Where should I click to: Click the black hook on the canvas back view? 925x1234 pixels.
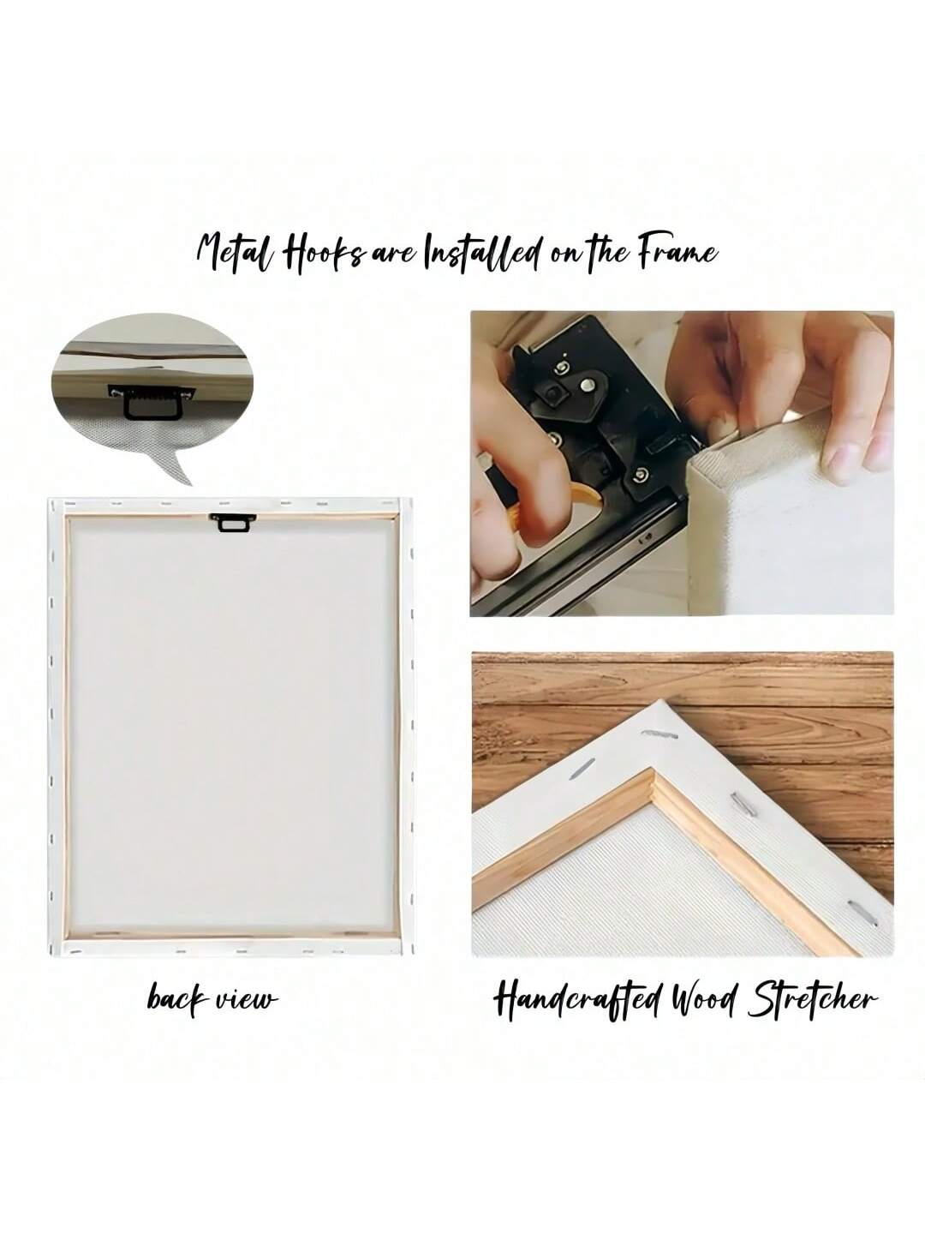pos(232,522)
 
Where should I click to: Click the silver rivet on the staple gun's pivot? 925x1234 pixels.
pos(587,386)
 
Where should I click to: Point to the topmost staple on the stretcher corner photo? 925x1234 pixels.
pos(659,734)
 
